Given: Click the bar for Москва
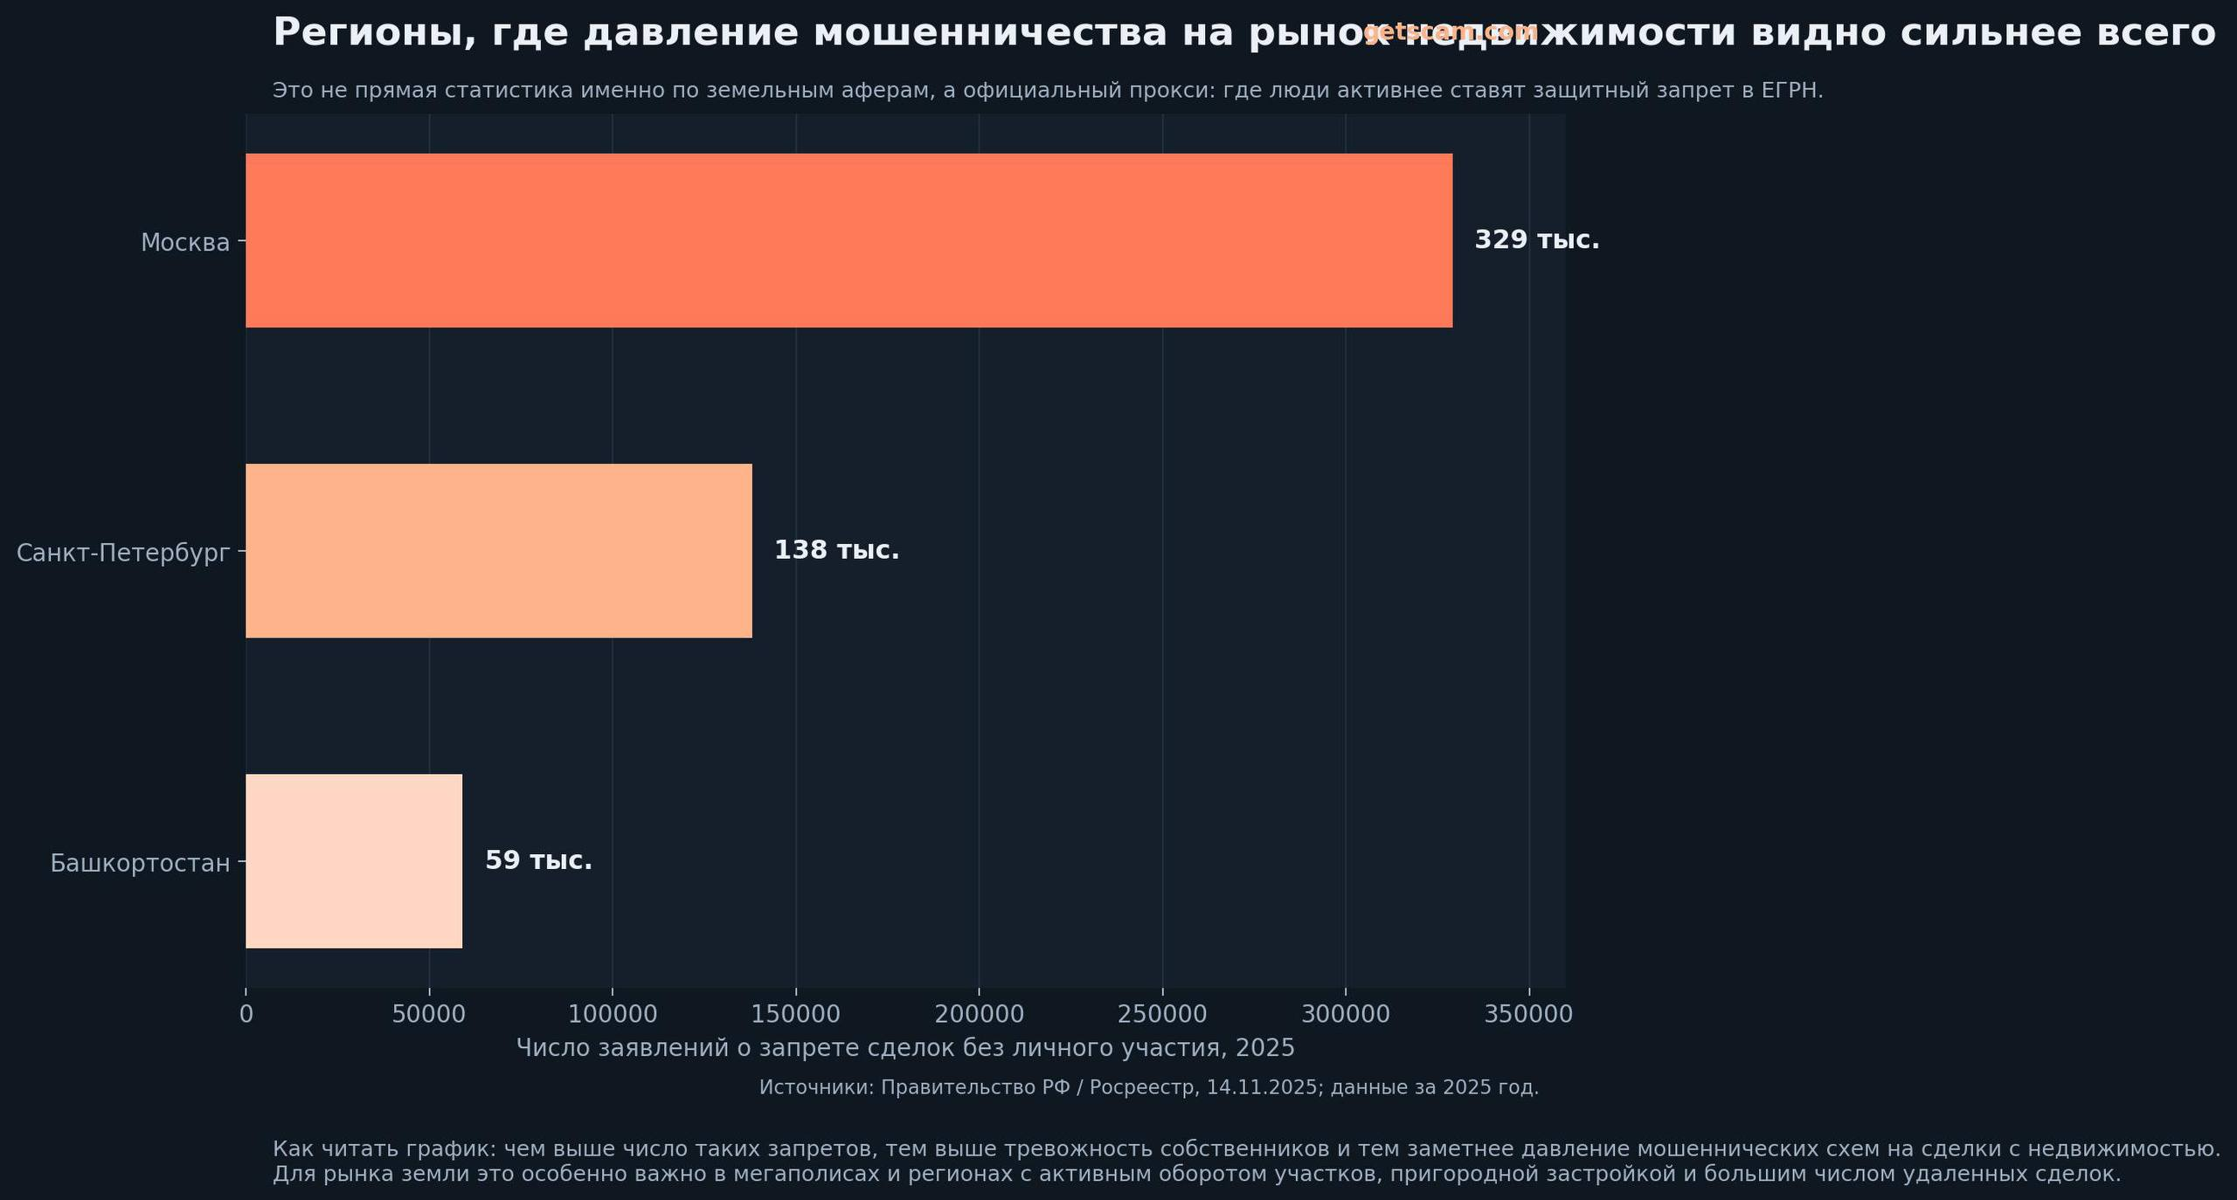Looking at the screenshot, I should click(x=848, y=240).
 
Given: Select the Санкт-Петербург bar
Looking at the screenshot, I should click(x=498, y=550).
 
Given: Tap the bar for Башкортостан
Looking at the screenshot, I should click(x=354, y=860).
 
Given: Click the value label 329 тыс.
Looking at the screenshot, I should click(x=1536, y=240).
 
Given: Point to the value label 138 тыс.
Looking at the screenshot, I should click(x=836, y=550).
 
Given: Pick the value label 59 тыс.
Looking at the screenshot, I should click(x=538, y=860).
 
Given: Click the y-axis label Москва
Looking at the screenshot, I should click(x=185, y=242).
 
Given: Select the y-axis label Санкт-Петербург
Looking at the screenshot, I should click(x=123, y=553).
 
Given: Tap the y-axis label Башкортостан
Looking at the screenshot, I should click(x=140, y=863).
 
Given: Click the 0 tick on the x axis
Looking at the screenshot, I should click(x=246, y=1014).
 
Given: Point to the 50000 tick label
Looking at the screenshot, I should click(x=429, y=1014).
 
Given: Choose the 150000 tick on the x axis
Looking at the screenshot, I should click(x=795, y=1014).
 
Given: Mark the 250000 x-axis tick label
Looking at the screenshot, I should click(x=1162, y=1014).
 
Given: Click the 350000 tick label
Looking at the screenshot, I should click(x=1528, y=1014).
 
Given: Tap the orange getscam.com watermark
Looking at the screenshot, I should click(x=1450, y=31).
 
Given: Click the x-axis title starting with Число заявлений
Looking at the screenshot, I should click(x=905, y=1048).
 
